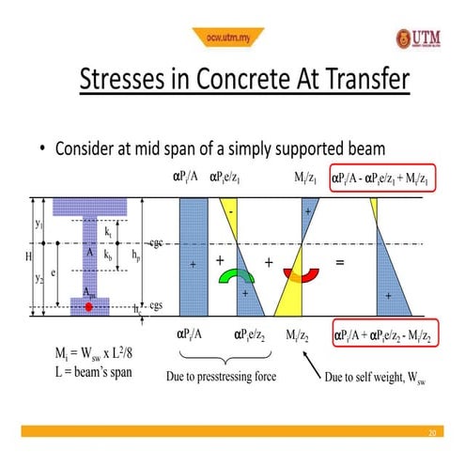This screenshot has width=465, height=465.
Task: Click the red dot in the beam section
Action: coord(87,306)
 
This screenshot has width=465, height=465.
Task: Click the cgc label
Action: coord(156,243)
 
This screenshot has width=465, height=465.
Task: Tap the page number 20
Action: coord(432,433)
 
